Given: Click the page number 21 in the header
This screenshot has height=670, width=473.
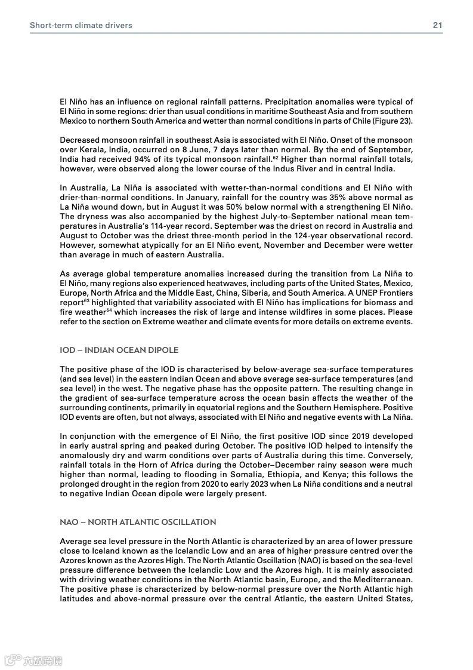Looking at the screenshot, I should [437, 26].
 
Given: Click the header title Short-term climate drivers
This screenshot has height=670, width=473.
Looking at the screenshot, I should [81, 26].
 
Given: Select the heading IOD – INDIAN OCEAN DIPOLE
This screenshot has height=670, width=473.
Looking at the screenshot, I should [119, 350].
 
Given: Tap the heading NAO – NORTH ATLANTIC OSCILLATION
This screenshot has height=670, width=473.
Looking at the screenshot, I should [138, 522].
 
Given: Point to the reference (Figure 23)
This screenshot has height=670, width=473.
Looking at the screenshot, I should [391, 121].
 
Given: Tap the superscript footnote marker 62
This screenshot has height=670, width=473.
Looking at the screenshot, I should [275, 157].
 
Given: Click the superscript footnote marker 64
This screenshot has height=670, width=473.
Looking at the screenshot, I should [109, 311].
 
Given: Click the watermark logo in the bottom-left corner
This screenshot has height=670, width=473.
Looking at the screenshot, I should [33, 660].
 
